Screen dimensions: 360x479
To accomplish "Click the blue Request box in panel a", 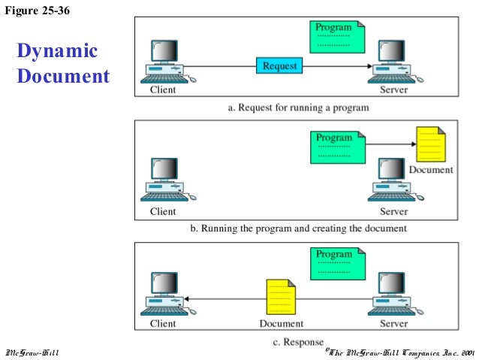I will tap(280, 66).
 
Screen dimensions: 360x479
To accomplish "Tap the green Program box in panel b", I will tap(337, 147).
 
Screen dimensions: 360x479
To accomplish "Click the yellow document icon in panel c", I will tap(281, 298).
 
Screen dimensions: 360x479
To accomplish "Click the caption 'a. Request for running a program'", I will tap(298, 107).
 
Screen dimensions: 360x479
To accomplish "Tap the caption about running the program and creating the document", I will tap(298, 228).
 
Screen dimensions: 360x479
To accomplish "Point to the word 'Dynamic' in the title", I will tap(57, 51).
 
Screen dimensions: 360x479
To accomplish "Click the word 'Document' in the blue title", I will tap(62, 77).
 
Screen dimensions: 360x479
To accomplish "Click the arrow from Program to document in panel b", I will tap(390, 144).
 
